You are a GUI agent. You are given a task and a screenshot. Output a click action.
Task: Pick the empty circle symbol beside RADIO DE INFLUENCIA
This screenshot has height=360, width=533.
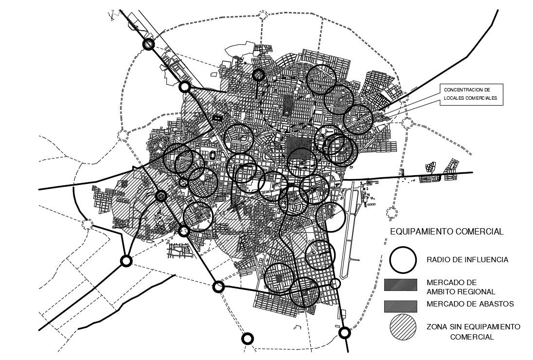(403, 259)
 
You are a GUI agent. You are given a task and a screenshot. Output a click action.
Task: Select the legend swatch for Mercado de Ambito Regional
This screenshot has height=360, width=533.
(400, 285)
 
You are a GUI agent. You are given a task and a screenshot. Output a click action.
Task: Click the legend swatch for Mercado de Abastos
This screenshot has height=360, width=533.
(400, 306)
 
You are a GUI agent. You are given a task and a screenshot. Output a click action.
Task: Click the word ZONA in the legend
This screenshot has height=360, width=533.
(437, 326)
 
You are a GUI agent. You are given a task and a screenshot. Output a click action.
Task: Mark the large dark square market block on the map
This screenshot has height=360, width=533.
(298, 147)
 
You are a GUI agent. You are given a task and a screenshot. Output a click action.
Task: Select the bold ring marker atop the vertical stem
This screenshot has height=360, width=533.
(259, 75)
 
